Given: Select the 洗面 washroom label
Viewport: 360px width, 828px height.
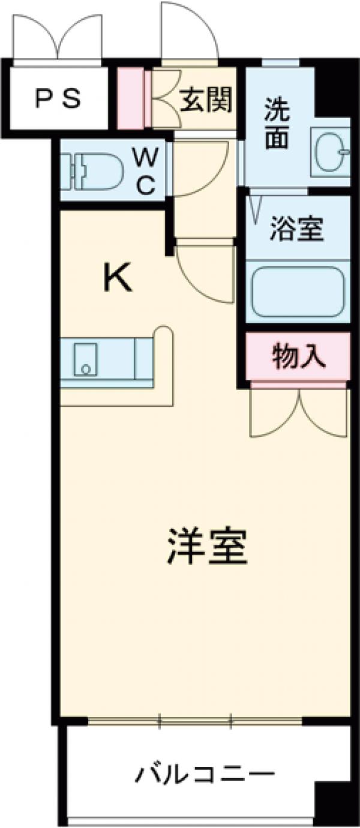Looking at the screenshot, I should point(277,127).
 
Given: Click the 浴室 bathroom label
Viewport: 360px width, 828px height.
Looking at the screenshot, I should point(296,228).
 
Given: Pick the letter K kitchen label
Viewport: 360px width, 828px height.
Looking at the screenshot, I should point(118,278).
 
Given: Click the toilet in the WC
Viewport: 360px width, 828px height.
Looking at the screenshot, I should point(96,170).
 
